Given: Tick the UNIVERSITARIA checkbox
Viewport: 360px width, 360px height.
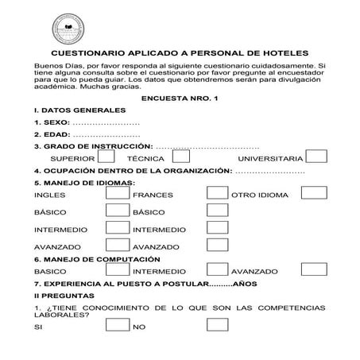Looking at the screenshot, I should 315,157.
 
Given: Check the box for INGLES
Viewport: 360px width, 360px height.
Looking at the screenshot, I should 118,193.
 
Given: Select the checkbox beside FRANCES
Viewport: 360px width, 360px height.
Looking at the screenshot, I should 217,193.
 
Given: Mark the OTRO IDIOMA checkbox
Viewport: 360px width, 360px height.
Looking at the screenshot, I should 315,193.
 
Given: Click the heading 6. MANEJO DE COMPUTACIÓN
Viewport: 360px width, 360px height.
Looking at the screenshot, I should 98,259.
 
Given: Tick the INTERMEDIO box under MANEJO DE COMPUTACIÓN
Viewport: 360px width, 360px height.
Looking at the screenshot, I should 217,270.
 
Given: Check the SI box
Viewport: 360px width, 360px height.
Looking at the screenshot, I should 118,325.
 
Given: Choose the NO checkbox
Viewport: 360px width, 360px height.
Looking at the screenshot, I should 217,325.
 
